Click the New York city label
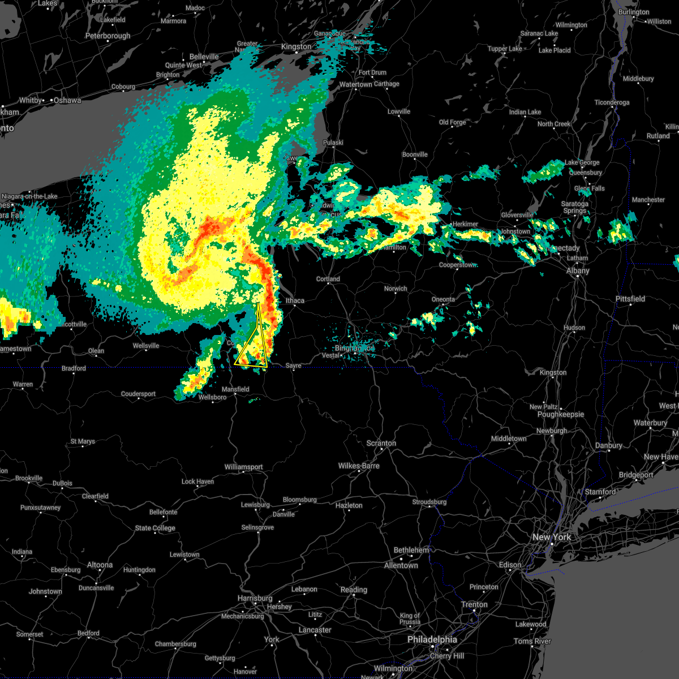pyautogui.click(x=551, y=537)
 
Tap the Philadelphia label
pyautogui.click(x=432, y=639)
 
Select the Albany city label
pyautogui.click(x=578, y=270)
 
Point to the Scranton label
pyautogui.click(x=381, y=443)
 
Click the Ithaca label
pyautogui.click(x=295, y=300)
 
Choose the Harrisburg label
pyautogui.click(x=255, y=598)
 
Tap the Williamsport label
pyautogui.click(x=243, y=467)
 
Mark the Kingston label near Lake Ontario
pyautogui.click(x=296, y=46)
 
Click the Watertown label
pyautogui.click(x=355, y=84)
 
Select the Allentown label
pyautogui.click(x=401, y=565)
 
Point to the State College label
pyautogui.click(x=155, y=528)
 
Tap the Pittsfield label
pyautogui.click(x=630, y=299)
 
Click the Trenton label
pyautogui.click(x=474, y=604)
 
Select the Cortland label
pyautogui.click(x=328, y=279)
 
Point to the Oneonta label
pyautogui.click(x=443, y=299)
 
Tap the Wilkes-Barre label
pyautogui.click(x=359, y=466)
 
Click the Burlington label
pyautogui.click(x=634, y=12)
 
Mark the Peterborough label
pyautogui.click(x=108, y=36)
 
